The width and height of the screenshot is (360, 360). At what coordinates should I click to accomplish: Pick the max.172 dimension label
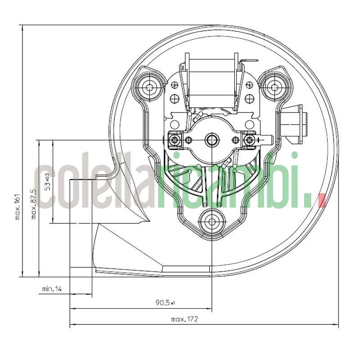pyautogui.click(x=184, y=319)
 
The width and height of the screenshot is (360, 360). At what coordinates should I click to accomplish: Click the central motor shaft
pyautogui.click(x=211, y=140)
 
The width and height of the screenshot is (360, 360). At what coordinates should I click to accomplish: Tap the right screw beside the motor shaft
pyautogui.click(x=247, y=140)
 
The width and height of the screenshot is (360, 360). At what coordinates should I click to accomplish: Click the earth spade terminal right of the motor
pyautogui.click(x=265, y=140)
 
